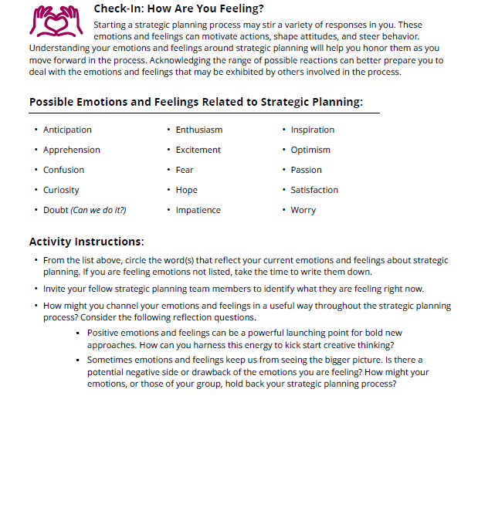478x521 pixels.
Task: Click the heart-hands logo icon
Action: pyautogui.click(x=55, y=22)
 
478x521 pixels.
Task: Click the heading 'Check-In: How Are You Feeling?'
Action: pyautogui.click(x=178, y=9)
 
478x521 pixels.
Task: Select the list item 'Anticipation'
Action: pyautogui.click(x=67, y=130)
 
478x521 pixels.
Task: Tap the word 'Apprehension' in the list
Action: pyautogui.click(x=71, y=150)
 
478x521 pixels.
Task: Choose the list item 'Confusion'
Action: pyautogui.click(x=63, y=170)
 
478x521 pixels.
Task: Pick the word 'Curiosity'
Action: pyautogui.click(x=61, y=190)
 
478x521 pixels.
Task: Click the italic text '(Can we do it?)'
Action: pyautogui.click(x=98, y=210)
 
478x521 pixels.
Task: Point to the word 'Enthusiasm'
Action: pyautogui.click(x=198, y=130)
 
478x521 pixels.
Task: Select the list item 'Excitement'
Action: pyautogui.click(x=198, y=150)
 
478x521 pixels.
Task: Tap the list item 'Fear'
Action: pyautogui.click(x=185, y=170)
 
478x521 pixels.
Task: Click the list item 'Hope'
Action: pyautogui.click(x=186, y=190)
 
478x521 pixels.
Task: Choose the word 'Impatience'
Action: pyautogui.click(x=198, y=210)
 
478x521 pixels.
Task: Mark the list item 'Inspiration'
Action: pyautogui.click(x=312, y=130)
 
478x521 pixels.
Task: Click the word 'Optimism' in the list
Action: pyautogui.click(x=310, y=150)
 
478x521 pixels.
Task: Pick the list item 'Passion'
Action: pyautogui.click(x=306, y=170)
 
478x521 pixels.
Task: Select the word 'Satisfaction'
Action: pyautogui.click(x=314, y=190)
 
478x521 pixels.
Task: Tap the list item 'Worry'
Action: pyautogui.click(x=303, y=210)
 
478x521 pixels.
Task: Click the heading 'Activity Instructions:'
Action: pyautogui.click(x=86, y=242)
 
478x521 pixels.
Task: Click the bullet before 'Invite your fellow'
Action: pyautogui.click(x=36, y=289)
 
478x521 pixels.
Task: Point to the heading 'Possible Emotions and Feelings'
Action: pyautogui.click(x=195, y=102)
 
